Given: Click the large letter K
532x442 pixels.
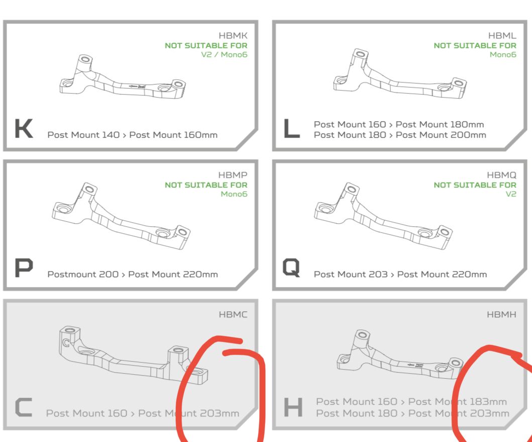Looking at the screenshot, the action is point(24,128).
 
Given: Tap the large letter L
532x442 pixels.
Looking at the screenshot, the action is point(291,128).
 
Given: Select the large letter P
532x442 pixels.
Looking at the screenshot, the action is point(24,268).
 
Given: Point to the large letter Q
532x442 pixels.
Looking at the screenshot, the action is point(291,268).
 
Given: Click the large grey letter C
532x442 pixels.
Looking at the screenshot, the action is point(24,407).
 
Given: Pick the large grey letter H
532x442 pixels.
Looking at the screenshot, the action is point(293,407).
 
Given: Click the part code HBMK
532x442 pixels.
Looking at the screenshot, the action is point(233,36).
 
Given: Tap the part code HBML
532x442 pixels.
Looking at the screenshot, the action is point(502,36).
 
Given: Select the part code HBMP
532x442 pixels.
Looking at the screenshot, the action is point(233,175).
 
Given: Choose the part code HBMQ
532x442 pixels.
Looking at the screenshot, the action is point(501,175).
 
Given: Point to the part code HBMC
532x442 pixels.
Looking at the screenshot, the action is point(233,314).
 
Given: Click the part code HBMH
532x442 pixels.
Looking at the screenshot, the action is point(501,314).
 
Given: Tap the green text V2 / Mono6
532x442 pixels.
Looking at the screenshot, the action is point(224,55).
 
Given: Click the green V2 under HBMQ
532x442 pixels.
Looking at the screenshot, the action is point(510,194).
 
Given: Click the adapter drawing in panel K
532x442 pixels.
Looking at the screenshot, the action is point(123,77).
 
